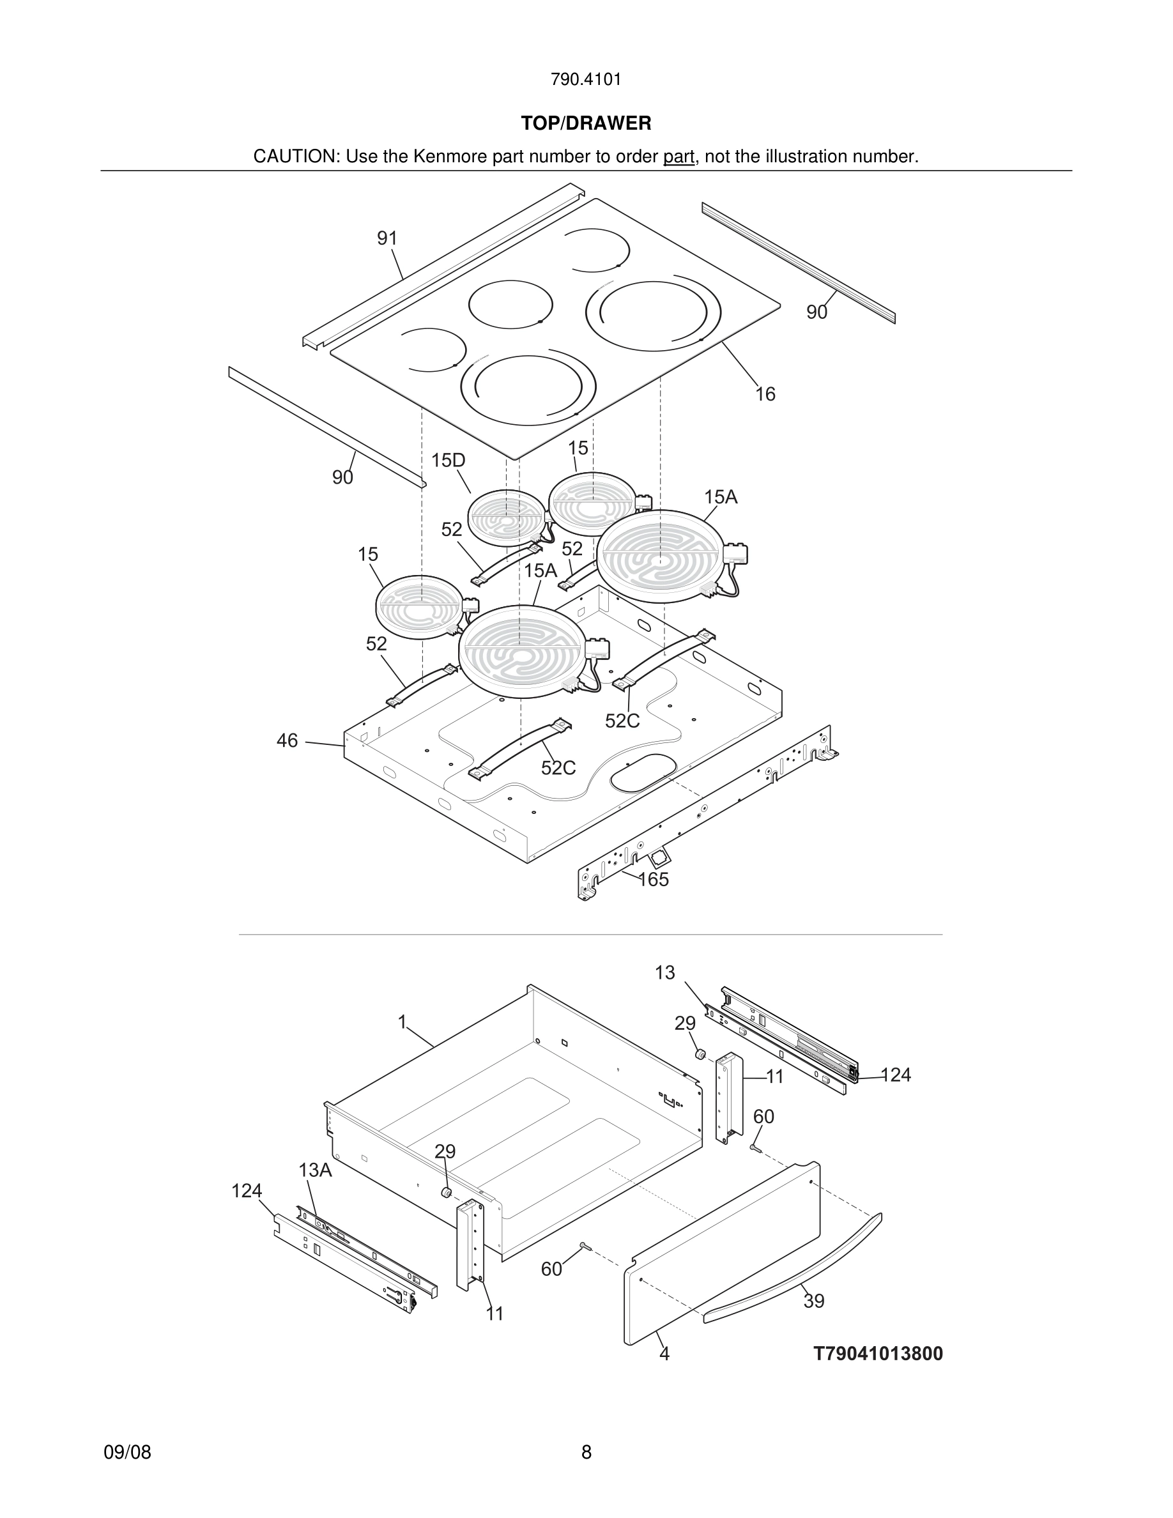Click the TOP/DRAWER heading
point(586,124)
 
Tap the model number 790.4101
point(586,80)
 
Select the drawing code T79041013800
point(878,1353)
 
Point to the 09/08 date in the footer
point(127,1452)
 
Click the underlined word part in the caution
point(678,157)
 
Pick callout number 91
point(387,238)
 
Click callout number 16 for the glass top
point(765,394)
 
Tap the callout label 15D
point(448,460)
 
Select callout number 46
point(287,740)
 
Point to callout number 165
point(653,879)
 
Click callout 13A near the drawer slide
point(316,1170)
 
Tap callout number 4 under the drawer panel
point(664,1353)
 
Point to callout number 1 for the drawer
point(402,1022)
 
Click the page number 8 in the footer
point(586,1452)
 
